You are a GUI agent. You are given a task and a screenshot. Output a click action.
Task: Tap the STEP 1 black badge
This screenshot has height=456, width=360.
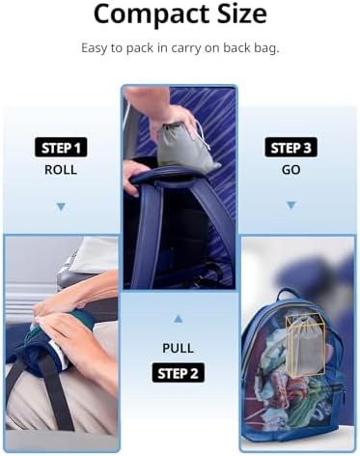61,148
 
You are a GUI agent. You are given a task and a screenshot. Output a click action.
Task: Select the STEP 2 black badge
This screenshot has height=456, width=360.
178,373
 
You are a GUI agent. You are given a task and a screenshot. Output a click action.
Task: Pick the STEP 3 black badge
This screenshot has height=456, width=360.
291,148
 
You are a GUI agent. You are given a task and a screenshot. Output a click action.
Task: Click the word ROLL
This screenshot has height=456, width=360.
61,170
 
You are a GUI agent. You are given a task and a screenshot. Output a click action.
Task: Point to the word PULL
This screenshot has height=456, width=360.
178,348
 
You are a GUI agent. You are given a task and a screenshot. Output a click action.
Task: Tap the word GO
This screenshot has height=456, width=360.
291,170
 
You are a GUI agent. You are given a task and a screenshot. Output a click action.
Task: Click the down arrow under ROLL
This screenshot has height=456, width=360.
61,207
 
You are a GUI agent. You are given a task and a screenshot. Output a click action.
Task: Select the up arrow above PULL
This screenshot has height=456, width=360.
179,319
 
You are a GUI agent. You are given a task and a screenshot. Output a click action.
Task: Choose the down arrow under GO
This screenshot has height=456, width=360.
291,205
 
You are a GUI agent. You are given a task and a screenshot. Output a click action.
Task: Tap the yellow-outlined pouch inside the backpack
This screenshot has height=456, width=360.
305,345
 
